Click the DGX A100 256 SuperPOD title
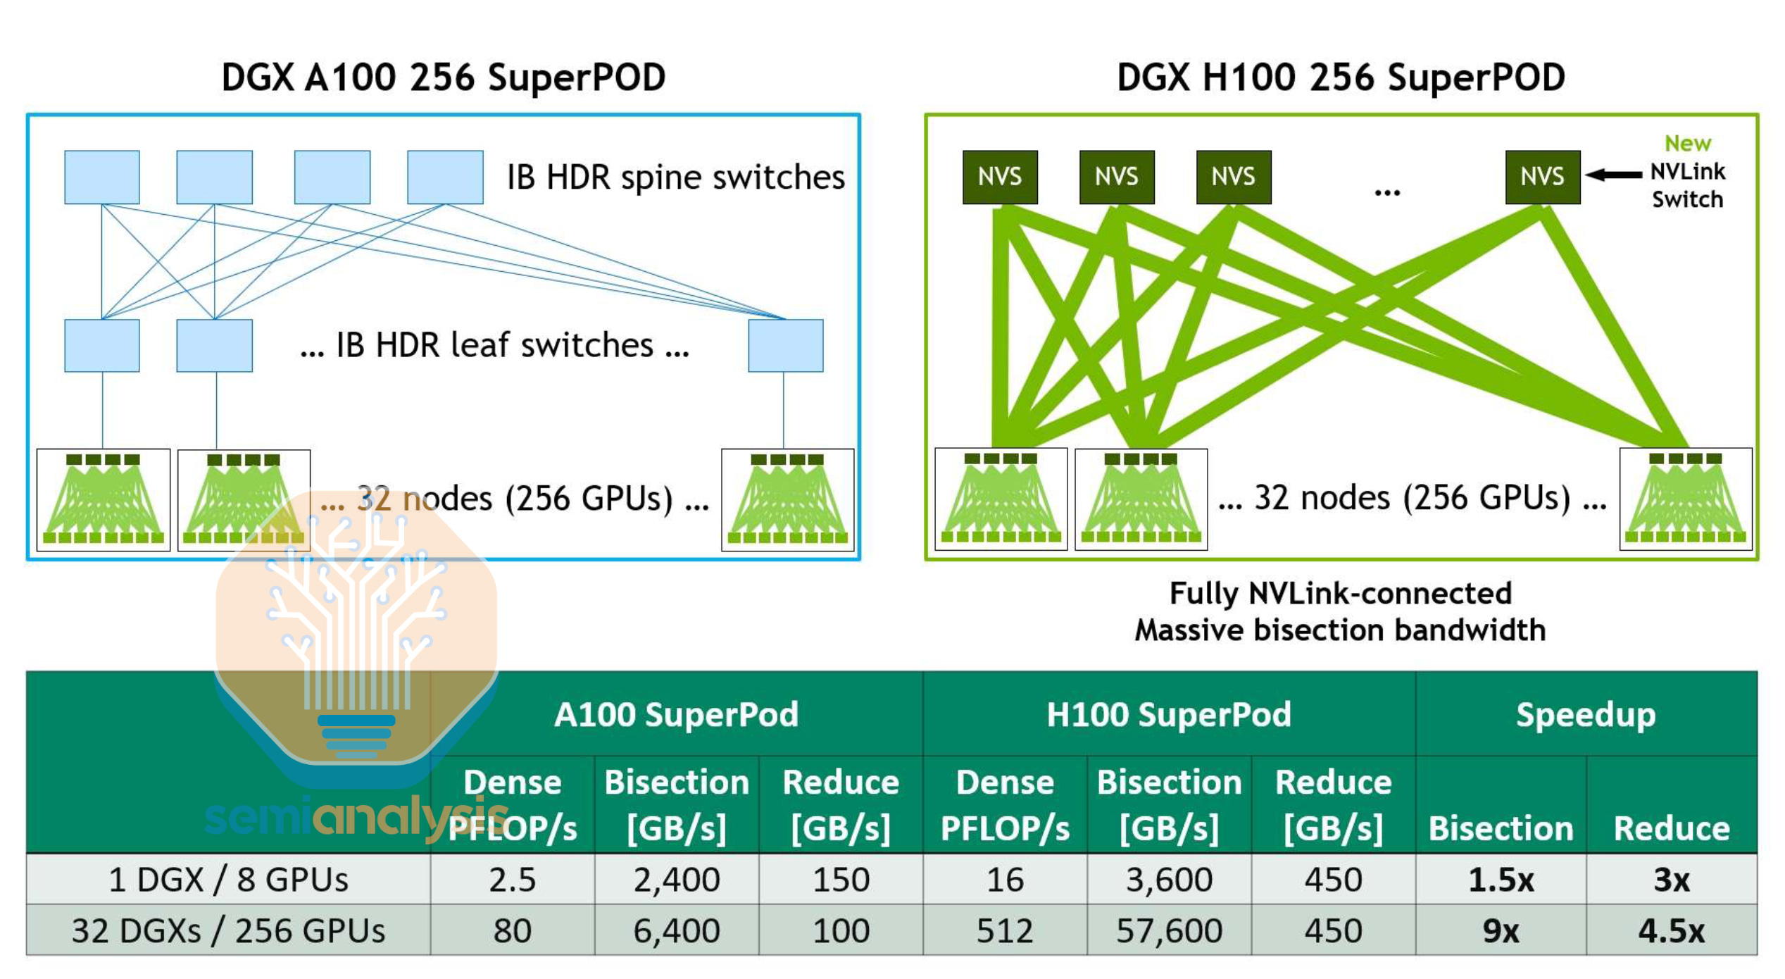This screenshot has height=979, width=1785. click(x=443, y=77)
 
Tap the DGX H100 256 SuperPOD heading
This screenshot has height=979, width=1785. click(x=1341, y=77)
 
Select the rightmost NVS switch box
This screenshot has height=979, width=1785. click(x=1542, y=177)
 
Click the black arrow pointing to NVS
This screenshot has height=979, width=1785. click(x=1613, y=174)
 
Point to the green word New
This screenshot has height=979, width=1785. click(x=1687, y=144)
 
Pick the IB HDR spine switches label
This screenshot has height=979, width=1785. click(x=675, y=177)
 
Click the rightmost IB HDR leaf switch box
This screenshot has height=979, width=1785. click(x=785, y=345)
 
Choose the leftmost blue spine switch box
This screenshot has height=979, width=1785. click(x=101, y=177)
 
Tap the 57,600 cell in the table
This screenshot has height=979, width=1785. click(x=1169, y=930)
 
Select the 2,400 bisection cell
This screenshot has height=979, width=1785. click(x=676, y=880)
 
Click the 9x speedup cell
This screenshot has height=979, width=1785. click(x=1501, y=930)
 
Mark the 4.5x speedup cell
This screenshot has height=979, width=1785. click(x=1671, y=930)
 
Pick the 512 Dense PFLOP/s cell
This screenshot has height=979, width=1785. click(x=1004, y=930)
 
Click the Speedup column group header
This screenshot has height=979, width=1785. click(x=1586, y=715)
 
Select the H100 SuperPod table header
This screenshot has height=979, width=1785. click(x=1169, y=715)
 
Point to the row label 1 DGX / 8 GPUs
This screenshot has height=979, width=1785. click(x=228, y=880)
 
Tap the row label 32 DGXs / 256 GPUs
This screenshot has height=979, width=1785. click(x=228, y=930)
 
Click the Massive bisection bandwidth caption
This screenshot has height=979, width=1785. click(x=1340, y=630)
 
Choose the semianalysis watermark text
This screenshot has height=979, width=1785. click(x=356, y=817)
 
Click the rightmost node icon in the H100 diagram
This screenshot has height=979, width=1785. click(x=1685, y=499)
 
